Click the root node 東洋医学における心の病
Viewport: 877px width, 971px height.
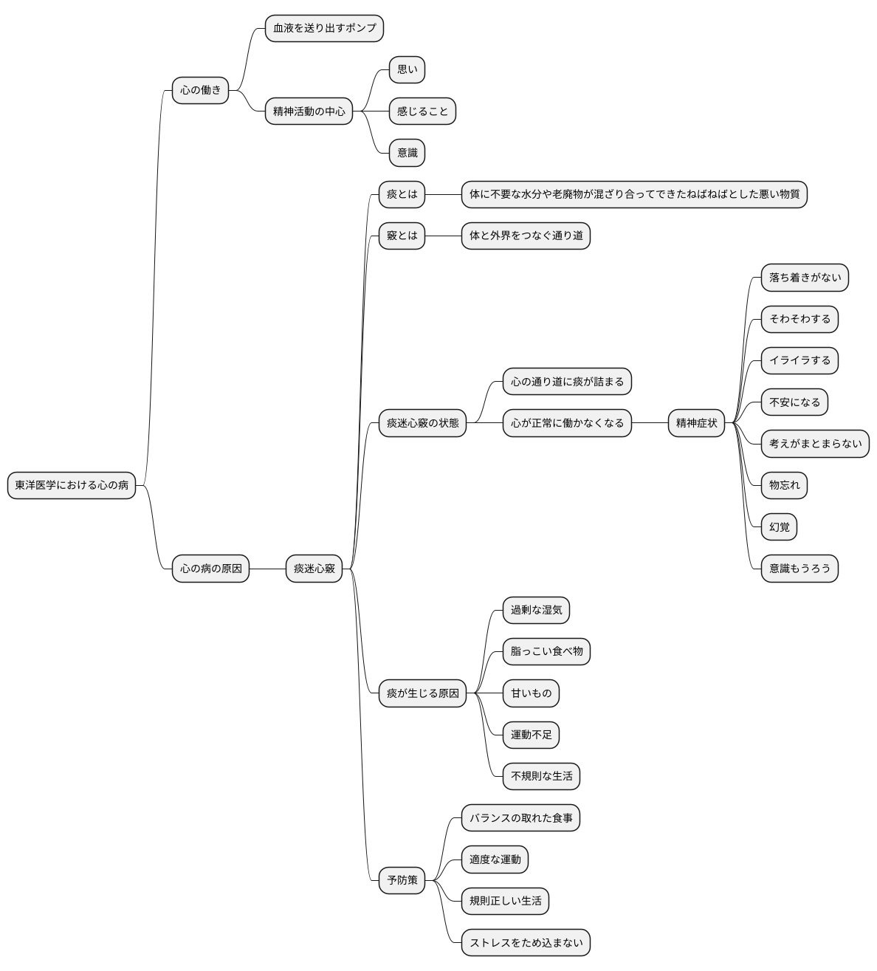72,485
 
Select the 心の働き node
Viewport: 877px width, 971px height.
200,90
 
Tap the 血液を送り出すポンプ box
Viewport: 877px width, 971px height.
324,28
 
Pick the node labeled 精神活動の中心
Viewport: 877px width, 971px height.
309,111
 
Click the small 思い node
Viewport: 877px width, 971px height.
407,69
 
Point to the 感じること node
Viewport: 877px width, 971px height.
422,111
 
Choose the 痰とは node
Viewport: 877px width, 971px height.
402,194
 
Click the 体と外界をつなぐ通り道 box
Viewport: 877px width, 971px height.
526,236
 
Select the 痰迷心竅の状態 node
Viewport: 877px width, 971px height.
422,423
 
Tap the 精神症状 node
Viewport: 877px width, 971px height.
696,423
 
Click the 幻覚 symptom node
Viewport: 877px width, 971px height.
780,526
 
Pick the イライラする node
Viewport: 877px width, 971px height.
799,360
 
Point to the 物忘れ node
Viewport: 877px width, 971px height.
784,485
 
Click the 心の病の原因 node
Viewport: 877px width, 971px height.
210,569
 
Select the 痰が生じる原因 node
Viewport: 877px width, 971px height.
422,693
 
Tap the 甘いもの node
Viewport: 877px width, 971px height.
531,693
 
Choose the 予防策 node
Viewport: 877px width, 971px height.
402,880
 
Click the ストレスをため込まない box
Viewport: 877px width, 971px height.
526,942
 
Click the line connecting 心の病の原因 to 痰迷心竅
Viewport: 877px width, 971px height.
268,569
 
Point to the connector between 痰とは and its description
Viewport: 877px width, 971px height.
444,195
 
